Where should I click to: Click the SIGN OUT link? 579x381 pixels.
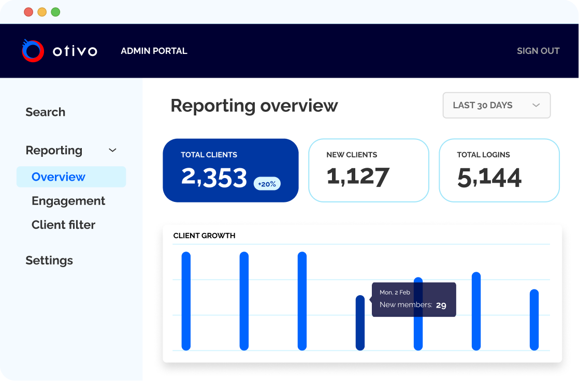coord(538,51)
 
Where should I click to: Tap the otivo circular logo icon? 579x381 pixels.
coord(33,51)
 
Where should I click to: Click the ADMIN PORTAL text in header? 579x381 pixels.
coord(154,51)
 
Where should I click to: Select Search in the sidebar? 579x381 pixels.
coord(46,112)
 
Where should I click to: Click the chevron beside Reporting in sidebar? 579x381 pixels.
coord(112,150)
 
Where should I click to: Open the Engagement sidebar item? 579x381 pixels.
coord(68,201)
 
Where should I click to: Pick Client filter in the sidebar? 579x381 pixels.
coord(64,225)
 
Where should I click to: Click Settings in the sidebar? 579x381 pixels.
coord(49,261)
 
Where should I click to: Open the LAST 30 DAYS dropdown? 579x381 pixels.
coord(497,105)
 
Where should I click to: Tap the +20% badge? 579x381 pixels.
coord(267,184)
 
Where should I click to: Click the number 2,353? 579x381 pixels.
coord(214,178)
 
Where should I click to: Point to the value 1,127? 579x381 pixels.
coord(358,177)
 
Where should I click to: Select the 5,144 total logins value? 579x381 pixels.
coord(489,178)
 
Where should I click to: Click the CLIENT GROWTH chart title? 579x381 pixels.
coord(204,236)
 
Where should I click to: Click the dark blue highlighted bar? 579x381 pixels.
coord(360,323)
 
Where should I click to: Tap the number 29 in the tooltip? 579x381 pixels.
coord(441,305)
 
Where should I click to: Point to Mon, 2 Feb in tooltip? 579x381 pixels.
coord(395,292)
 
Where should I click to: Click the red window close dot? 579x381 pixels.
coord(28,12)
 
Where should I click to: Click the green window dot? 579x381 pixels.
coord(55,12)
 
